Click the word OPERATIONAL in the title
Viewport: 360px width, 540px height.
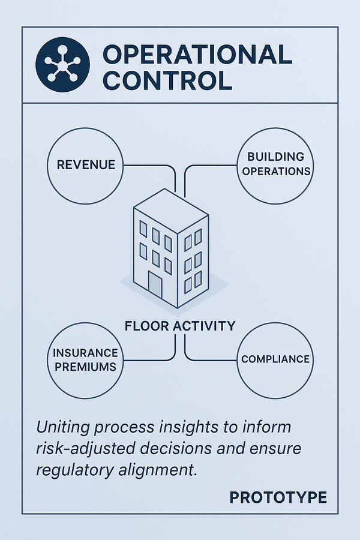pos(197,54)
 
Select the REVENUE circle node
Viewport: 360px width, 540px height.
pos(86,164)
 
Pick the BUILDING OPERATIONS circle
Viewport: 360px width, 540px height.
pos(275,164)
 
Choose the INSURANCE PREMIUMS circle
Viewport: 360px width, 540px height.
pos(85,359)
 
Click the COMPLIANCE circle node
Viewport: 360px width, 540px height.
pos(275,359)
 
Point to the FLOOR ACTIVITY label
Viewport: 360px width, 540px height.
pos(180,326)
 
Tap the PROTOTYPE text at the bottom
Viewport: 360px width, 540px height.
pos(278,497)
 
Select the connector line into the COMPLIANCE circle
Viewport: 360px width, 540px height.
pos(210,359)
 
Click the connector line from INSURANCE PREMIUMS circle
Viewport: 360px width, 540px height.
pos(150,359)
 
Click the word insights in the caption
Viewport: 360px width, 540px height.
pos(204,428)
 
